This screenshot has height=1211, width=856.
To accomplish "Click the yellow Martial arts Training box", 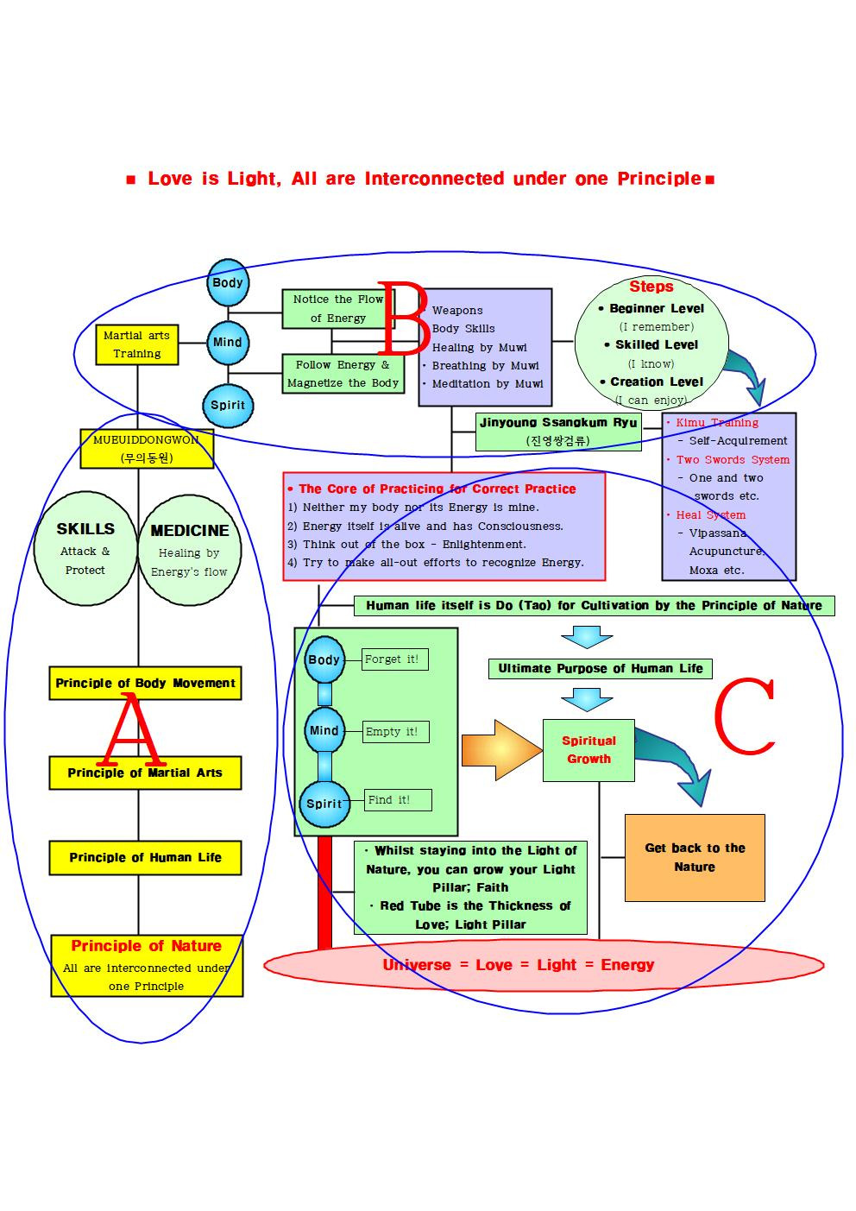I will (x=137, y=344).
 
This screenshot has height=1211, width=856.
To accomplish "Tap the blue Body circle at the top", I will (x=228, y=282).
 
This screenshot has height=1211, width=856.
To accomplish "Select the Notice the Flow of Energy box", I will (x=337, y=309).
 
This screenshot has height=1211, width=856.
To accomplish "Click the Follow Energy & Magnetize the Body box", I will (x=343, y=374).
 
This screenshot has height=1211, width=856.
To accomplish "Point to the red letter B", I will (x=402, y=318).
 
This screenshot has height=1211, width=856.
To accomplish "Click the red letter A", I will (x=132, y=732).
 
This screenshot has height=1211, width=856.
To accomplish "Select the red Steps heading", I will (x=651, y=287).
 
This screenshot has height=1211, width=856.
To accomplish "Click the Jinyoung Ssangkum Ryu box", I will (x=558, y=432).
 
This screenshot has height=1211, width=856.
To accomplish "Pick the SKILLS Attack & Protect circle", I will (x=85, y=548).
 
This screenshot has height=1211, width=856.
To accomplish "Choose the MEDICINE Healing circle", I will (x=189, y=550).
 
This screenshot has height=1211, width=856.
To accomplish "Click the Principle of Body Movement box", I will (x=145, y=683).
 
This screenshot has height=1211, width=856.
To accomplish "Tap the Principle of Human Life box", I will (x=145, y=857).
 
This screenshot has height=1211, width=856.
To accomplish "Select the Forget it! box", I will (x=394, y=659).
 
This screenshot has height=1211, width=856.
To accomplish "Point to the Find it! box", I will (x=397, y=800).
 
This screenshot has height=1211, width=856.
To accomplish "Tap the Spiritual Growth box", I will (x=588, y=750).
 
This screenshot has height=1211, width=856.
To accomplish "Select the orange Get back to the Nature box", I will (x=695, y=857).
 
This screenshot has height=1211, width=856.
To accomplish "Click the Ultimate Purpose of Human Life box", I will (x=600, y=668).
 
